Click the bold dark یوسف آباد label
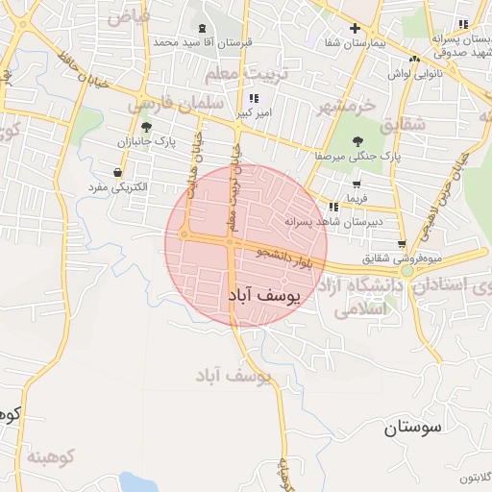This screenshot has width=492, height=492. pos(264,296)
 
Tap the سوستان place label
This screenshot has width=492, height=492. pos(410,429)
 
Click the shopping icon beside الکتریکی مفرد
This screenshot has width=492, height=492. pos(117,173)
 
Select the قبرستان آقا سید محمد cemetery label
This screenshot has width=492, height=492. pos(203,43)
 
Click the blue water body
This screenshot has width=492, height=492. pos(135,482)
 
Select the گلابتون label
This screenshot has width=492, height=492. pos(468,478)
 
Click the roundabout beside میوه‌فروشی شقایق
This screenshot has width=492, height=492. pos(407,271)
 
